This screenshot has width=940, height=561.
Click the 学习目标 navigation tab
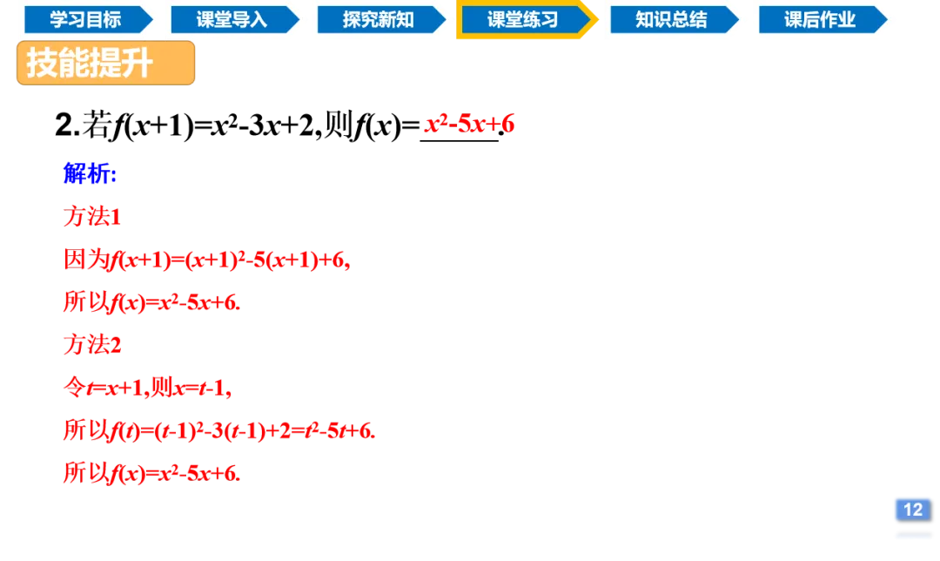click(85, 19)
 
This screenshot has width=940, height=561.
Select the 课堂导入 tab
click(232, 19)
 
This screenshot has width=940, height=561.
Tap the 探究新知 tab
click(378, 19)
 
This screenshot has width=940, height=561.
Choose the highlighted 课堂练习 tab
click(522, 20)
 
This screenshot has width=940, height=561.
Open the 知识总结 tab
click(671, 19)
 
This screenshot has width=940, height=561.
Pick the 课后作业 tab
click(819, 19)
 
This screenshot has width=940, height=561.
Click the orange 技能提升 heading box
click(105, 64)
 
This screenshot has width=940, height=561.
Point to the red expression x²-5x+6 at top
click(470, 124)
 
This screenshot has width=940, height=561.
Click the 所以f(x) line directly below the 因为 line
click(152, 301)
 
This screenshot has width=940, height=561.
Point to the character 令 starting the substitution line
click(73, 387)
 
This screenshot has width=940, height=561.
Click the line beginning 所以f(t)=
click(218, 429)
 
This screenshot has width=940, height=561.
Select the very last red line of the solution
click(152, 472)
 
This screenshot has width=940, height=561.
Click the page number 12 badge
click(912, 509)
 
